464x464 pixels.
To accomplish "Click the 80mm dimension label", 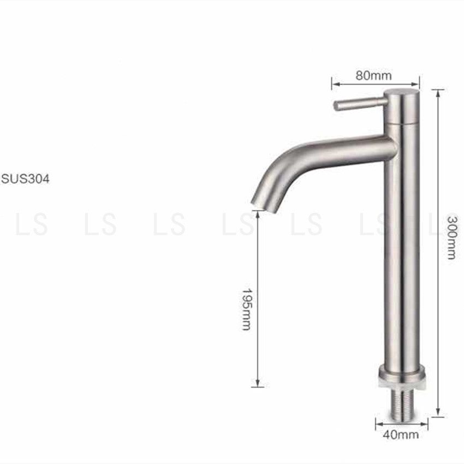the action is click(x=373, y=76).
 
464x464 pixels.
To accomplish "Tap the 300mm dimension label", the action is click(x=452, y=238).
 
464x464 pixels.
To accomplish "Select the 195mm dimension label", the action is click(x=246, y=309).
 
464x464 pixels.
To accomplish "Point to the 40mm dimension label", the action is click(x=401, y=435).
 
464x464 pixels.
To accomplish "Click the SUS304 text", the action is click(x=26, y=179).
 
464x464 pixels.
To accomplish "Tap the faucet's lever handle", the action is click(x=360, y=104).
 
